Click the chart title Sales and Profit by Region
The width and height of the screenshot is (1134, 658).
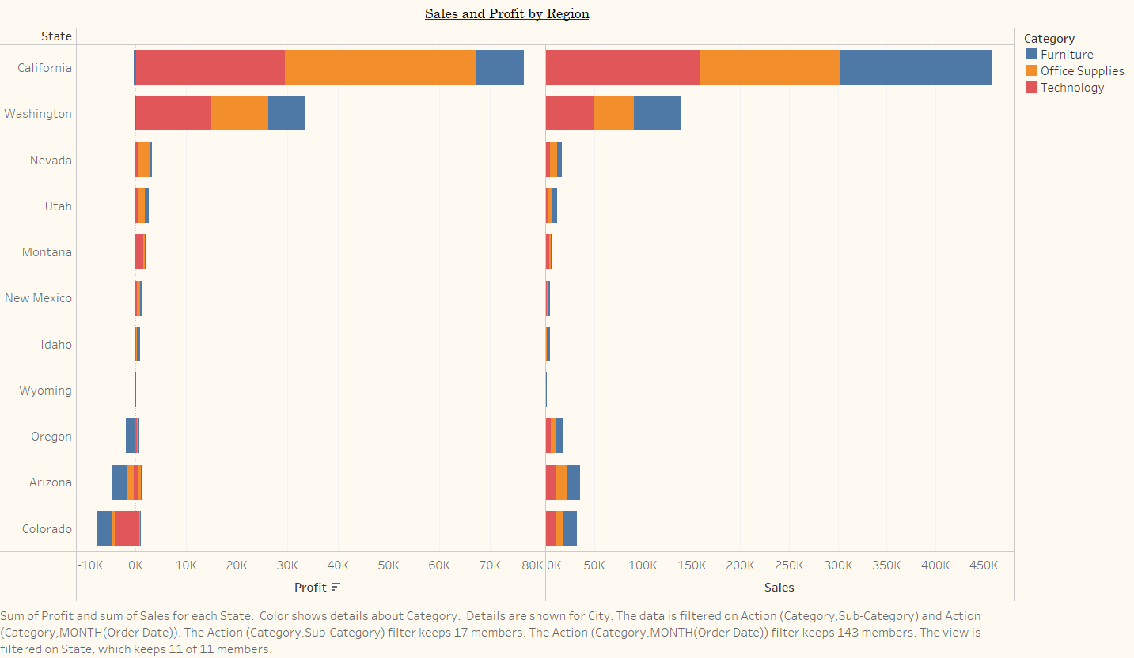click(x=506, y=13)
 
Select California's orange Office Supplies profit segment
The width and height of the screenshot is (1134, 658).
click(x=380, y=67)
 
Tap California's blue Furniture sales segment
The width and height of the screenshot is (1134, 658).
click(x=915, y=67)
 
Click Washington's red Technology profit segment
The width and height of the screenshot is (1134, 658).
click(x=173, y=113)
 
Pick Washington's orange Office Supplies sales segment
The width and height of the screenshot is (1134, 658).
click(x=613, y=113)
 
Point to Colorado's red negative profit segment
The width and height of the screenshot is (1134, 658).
click(x=127, y=528)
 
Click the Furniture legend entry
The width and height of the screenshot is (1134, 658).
click(x=1066, y=55)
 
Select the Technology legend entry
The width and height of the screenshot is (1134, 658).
click(x=1071, y=88)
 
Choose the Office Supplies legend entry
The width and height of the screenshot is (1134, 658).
click(x=1082, y=71)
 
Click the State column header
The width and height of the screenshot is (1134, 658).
click(x=56, y=36)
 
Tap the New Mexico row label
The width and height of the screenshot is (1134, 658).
click(x=38, y=298)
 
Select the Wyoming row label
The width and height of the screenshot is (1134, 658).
click(x=45, y=391)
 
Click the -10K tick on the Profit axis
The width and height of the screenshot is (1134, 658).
click(x=90, y=565)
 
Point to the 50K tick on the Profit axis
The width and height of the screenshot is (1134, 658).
click(x=389, y=565)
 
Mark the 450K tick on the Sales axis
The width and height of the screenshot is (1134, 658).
click(x=984, y=565)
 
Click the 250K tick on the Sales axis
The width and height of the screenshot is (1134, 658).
click(x=789, y=565)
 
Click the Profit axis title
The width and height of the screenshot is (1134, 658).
click(x=310, y=588)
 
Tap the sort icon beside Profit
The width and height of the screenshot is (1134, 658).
click(x=336, y=588)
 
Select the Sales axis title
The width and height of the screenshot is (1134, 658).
click(x=779, y=588)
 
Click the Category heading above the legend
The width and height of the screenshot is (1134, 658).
click(x=1049, y=38)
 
